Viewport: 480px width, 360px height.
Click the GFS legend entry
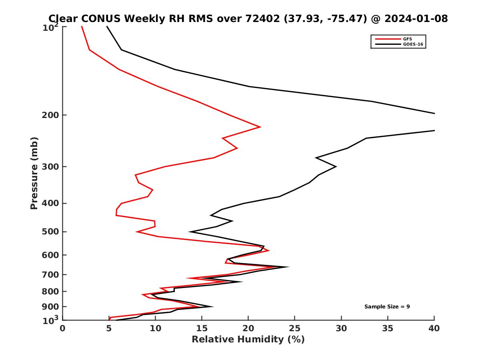coord(408,39)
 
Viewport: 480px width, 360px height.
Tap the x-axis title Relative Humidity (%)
coord(248,340)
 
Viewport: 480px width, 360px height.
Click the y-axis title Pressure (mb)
coord(34,173)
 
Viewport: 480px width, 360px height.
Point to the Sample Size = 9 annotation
coord(387,307)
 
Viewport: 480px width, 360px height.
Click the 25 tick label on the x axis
coord(295,328)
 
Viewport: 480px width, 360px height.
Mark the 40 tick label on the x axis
coord(434,328)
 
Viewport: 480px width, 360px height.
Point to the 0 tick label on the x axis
coord(63,328)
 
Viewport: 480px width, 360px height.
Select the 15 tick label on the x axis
coord(202,328)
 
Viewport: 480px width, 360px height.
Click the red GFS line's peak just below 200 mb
coord(260,127)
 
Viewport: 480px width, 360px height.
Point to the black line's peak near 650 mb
coord(288,267)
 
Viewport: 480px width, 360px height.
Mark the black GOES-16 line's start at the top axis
coord(107,27)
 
